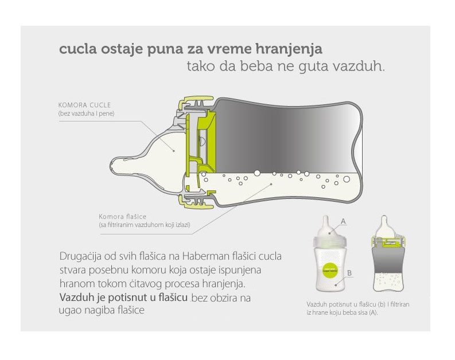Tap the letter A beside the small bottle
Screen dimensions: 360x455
coord(343,221)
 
